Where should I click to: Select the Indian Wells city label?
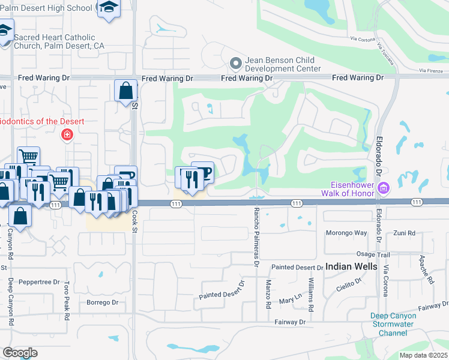(351, 266)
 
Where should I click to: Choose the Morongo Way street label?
(346, 233)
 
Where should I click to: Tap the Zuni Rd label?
(405, 233)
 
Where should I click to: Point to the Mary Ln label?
(290, 298)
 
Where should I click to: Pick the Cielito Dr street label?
(349, 284)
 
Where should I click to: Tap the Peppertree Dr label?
(39, 281)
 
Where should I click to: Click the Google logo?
(20, 352)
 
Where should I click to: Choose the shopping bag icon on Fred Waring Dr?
(125, 92)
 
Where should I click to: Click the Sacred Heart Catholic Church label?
(59, 41)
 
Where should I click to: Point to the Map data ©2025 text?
(423, 355)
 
